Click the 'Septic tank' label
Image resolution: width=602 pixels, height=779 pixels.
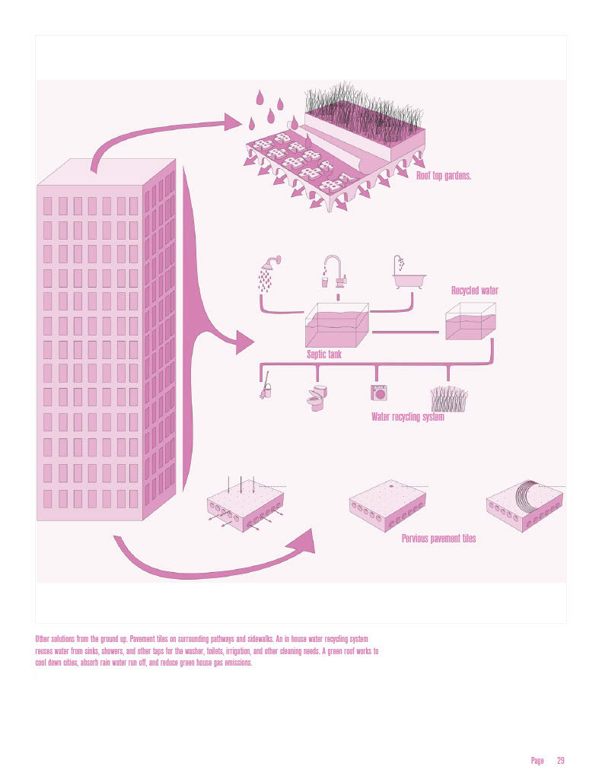coord(324,354)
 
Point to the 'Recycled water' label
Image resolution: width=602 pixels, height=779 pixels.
coord(475,291)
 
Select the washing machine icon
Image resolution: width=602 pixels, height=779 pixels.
coord(377,393)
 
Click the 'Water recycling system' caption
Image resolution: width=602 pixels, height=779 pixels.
coord(407,417)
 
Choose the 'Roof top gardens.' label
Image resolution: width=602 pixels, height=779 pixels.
coord(444,176)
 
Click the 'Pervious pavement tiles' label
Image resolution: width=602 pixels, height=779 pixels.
coord(438,539)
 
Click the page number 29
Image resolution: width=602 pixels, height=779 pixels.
coord(560,760)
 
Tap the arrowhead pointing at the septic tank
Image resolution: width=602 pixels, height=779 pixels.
coord(245,342)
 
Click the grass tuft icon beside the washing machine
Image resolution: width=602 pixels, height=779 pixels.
coord(448,398)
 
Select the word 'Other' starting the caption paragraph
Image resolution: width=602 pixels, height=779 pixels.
coord(44,634)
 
